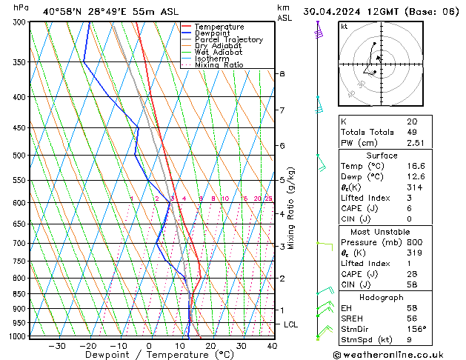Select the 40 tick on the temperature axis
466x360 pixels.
coord(272,346)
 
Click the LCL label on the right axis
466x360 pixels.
coord(291,324)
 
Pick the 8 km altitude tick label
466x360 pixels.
coord(282,74)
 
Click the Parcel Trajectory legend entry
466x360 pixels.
coord(228,40)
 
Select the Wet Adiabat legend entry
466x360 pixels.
coord(219,53)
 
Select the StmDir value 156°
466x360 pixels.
coord(416,330)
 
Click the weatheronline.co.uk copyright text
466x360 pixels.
coord(398,354)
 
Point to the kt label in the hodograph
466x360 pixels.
coord(344,26)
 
